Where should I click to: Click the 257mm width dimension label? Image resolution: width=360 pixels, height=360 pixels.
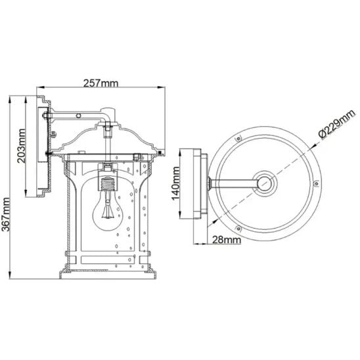coord(101,83)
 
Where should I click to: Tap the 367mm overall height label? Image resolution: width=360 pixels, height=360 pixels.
coord(5,214)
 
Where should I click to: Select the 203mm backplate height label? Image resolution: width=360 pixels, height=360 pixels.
coord(22,146)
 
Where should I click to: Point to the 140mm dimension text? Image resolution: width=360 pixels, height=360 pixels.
coord(176,184)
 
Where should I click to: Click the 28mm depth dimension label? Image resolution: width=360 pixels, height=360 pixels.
coord(227,240)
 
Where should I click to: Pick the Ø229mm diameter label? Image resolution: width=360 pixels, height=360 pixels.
coord(337,124)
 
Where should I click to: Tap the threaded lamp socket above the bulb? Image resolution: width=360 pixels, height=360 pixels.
coord(108,184)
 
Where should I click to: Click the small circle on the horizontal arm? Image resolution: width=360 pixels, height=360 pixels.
coord(79,116)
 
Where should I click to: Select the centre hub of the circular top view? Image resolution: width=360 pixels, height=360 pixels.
coord(265,183)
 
